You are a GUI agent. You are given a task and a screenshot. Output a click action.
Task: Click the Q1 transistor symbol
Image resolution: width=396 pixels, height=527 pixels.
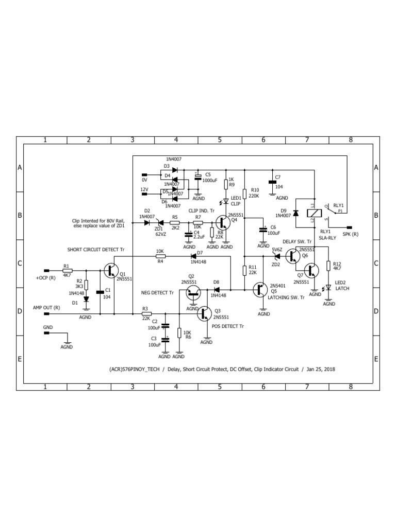[x=111, y=270]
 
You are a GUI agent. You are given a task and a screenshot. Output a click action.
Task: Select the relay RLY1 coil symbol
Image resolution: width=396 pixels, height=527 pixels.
[x=312, y=212]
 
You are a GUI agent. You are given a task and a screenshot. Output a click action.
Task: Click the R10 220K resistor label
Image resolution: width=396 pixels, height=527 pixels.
[x=254, y=192]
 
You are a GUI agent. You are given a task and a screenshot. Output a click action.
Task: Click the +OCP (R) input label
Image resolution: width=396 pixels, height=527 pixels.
[x=45, y=278]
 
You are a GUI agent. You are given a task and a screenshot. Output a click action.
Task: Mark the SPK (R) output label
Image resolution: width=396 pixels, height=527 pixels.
[x=351, y=235]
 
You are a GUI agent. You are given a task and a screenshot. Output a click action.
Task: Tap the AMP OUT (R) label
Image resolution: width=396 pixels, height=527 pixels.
[x=46, y=307]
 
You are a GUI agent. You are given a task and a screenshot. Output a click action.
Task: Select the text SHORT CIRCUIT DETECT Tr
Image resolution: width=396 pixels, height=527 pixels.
[x=96, y=249]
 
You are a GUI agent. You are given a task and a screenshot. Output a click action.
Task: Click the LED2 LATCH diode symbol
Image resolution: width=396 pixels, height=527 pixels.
[x=328, y=288]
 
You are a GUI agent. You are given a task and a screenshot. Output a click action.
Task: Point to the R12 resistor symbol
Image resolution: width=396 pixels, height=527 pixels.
[x=328, y=268]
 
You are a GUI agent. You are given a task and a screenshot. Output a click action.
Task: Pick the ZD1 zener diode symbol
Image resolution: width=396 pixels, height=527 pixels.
[x=159, y=222]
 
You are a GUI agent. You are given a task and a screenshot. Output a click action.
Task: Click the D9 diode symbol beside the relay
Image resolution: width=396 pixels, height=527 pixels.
[x=295, y=213]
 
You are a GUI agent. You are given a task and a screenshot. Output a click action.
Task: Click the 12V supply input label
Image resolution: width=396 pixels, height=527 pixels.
[x=144, y=190]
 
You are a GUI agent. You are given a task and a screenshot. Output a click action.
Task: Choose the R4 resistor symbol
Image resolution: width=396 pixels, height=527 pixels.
[x=160, y=255]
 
